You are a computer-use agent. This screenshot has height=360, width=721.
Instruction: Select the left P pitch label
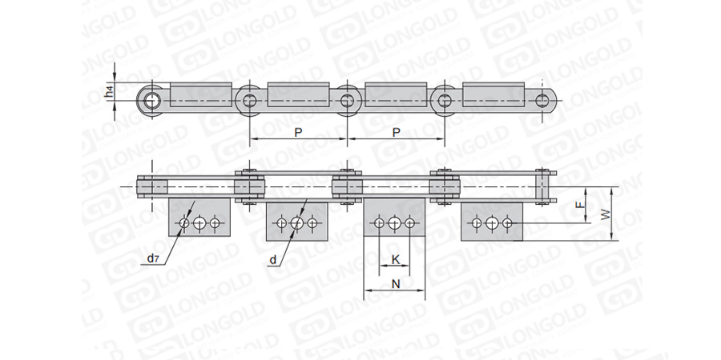click(299, 132)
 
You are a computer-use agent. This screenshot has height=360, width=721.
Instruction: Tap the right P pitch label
click(396, 132)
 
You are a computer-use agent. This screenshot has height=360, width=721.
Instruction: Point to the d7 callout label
click(153, 258)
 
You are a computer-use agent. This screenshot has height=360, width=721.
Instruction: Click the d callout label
click(273, 260)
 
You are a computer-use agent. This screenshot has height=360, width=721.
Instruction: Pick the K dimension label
click(395, 260)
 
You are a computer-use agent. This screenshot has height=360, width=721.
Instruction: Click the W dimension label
click(606, 214)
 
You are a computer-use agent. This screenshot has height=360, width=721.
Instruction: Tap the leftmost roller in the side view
click(151, 101)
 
